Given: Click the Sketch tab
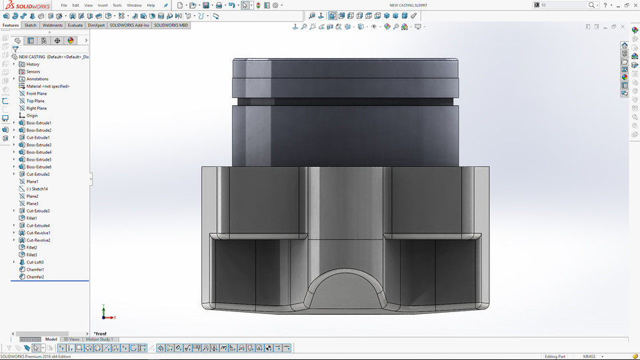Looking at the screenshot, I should point(31,25).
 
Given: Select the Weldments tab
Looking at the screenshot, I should point(52,25).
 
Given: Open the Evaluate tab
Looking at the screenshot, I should point(75,25).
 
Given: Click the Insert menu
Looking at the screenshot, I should point(102,5).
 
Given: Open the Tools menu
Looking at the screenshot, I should point(117,5).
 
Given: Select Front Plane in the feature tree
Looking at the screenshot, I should point(36,93).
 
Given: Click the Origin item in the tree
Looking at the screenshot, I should point(32,115).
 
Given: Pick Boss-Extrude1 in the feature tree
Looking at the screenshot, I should point(39,123).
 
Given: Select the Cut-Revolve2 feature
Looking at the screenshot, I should point(38,240).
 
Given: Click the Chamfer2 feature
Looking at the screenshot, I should point(35,277).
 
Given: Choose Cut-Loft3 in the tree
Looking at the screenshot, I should point(35,262).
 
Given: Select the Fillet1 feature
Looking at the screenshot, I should point(31,218).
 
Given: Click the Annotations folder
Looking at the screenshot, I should point(37,79).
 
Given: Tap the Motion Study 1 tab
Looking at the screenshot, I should point(99,339).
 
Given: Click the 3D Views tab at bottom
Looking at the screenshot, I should point(71,339).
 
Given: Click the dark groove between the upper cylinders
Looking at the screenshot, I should point(345,101).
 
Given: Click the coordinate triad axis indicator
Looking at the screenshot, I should point(105,313).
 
